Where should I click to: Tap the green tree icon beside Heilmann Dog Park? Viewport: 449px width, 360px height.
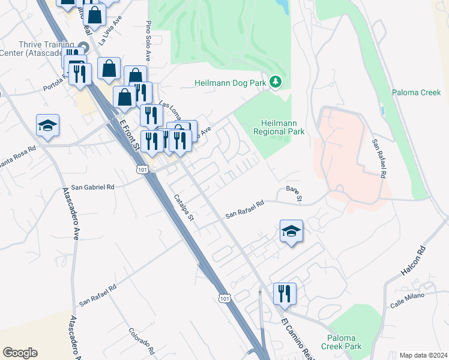point(276,81)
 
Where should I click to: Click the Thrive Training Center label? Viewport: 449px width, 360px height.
point(40,50)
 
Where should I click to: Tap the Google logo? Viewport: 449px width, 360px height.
point(19,353)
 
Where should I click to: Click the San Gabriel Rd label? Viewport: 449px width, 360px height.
point(92,187)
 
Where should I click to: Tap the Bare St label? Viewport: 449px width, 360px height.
point(294,193)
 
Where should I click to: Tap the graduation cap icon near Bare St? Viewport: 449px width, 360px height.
point(291,231)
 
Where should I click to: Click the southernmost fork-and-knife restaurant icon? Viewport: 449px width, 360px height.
point(284,293)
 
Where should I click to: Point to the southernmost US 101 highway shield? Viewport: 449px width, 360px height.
point(224,298)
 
